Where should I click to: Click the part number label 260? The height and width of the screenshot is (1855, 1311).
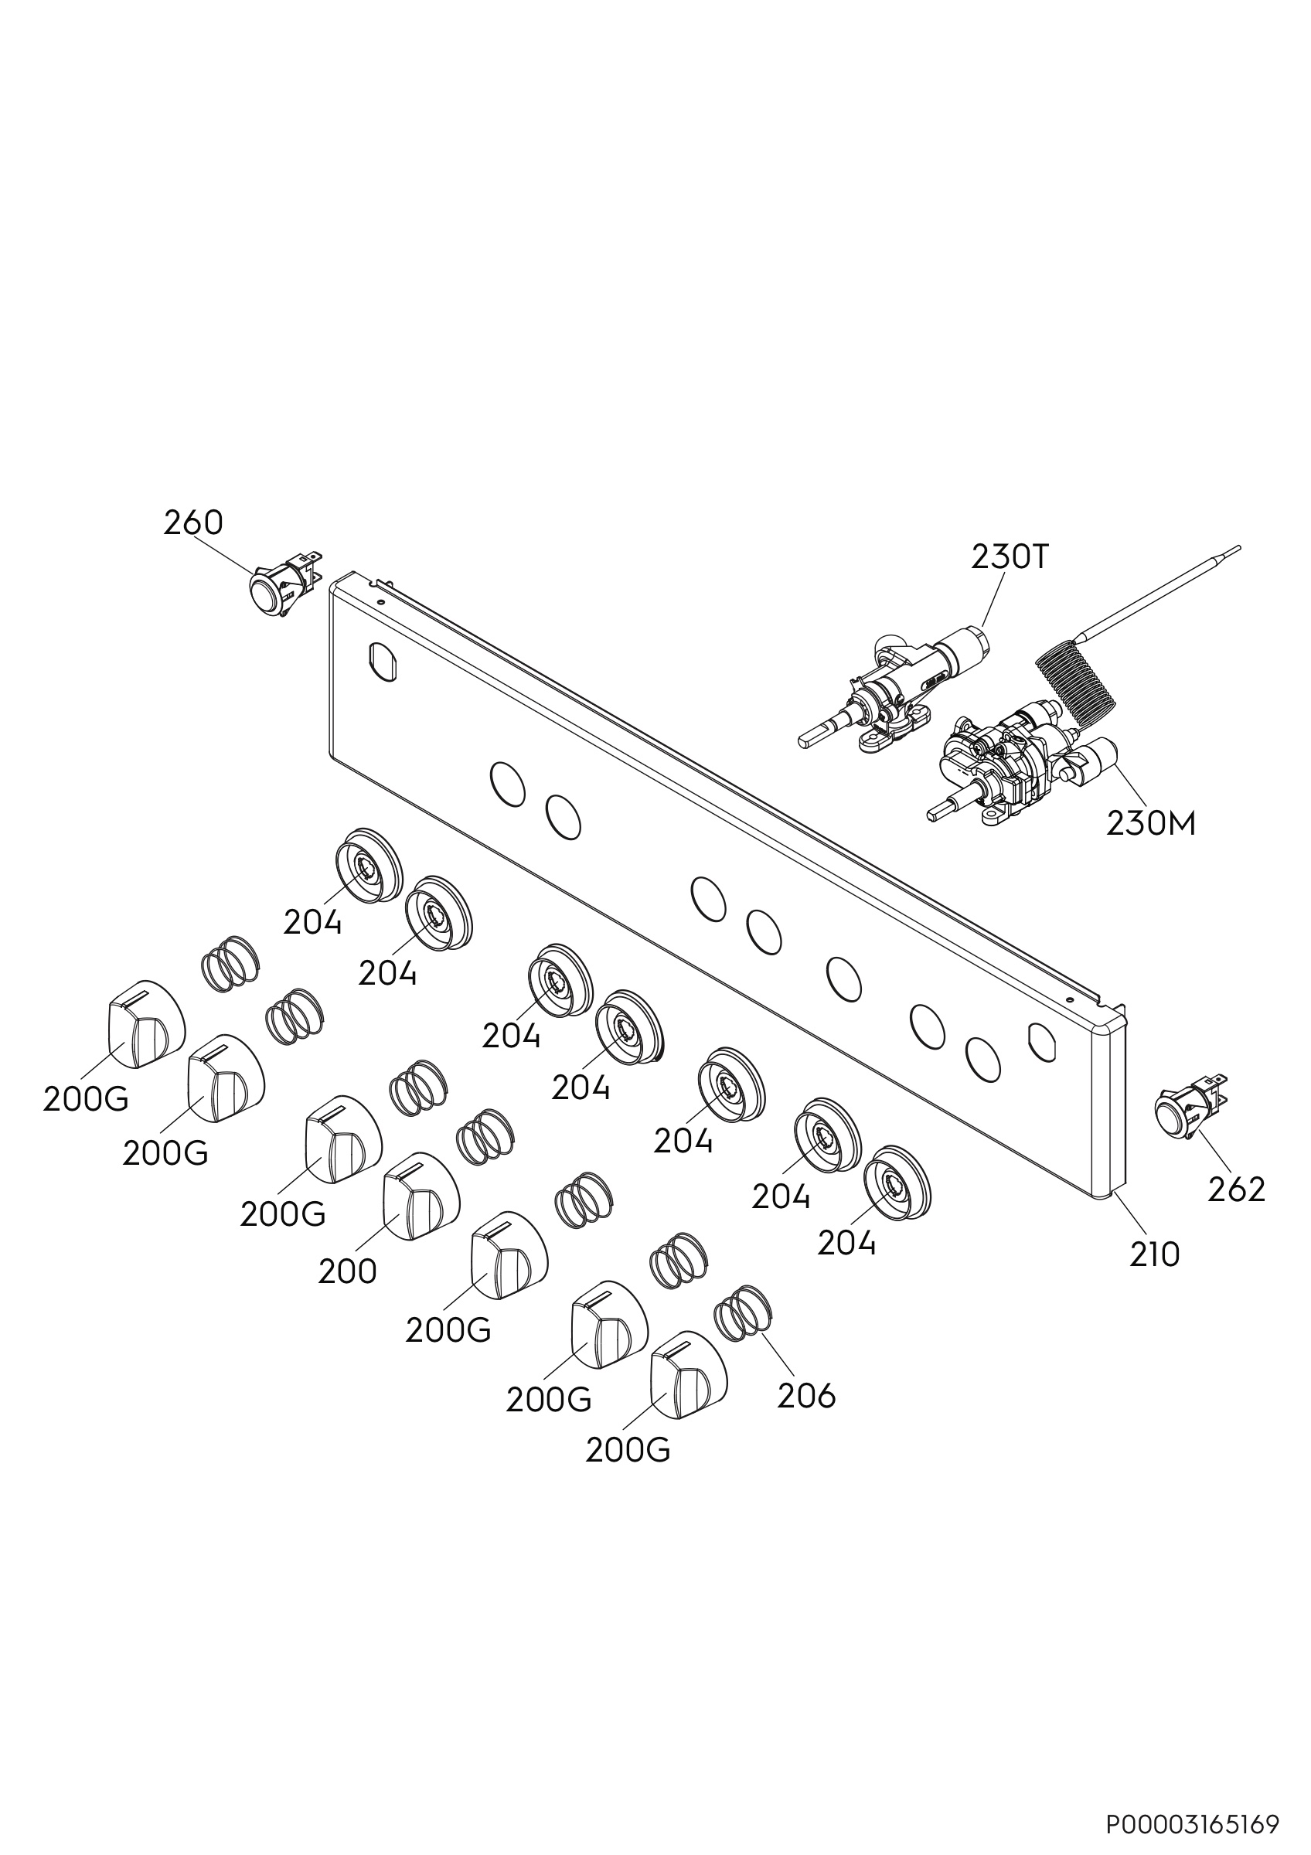click(x=193, y=523)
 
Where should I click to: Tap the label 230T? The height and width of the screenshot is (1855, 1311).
click(x=1009, y=557)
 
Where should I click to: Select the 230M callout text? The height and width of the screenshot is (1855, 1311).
click(x=1151, y=824)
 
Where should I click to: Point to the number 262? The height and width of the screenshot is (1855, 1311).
click(x=1236, y=1190)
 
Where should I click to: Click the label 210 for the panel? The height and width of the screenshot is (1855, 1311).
click(x=1155, y=1254)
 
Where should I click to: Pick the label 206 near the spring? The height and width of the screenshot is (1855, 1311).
click(x=806, y=1395)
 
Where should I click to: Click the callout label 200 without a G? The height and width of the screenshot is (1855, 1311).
click(x=347, y=1271)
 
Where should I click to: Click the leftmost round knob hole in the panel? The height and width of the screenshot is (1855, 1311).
click(x=508, y=783)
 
